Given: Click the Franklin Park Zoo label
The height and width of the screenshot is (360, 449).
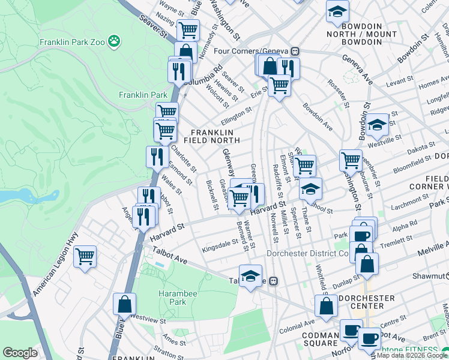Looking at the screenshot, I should pyautogui.click(x=72, y=43).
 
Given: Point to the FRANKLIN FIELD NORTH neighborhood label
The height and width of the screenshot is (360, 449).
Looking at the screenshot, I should pyautogui.click(x=215, y=136).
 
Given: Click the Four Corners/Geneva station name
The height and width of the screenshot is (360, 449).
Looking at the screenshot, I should pyautogui.click(x=254, y=52).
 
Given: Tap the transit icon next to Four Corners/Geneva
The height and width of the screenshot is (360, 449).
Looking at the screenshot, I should pyautogui.click(x=295, y=52).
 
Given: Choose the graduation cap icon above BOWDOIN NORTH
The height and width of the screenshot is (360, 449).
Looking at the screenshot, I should pyautogui.click(x=337, y=11).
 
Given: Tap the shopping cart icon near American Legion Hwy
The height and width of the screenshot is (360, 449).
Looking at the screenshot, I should pyautogui.click(x=85, y=257).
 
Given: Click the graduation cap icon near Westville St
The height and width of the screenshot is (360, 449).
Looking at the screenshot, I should pyautogui.click(x=377, y=125).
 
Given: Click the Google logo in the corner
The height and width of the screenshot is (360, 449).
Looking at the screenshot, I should pyautogui.click(x=20, y=353).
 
